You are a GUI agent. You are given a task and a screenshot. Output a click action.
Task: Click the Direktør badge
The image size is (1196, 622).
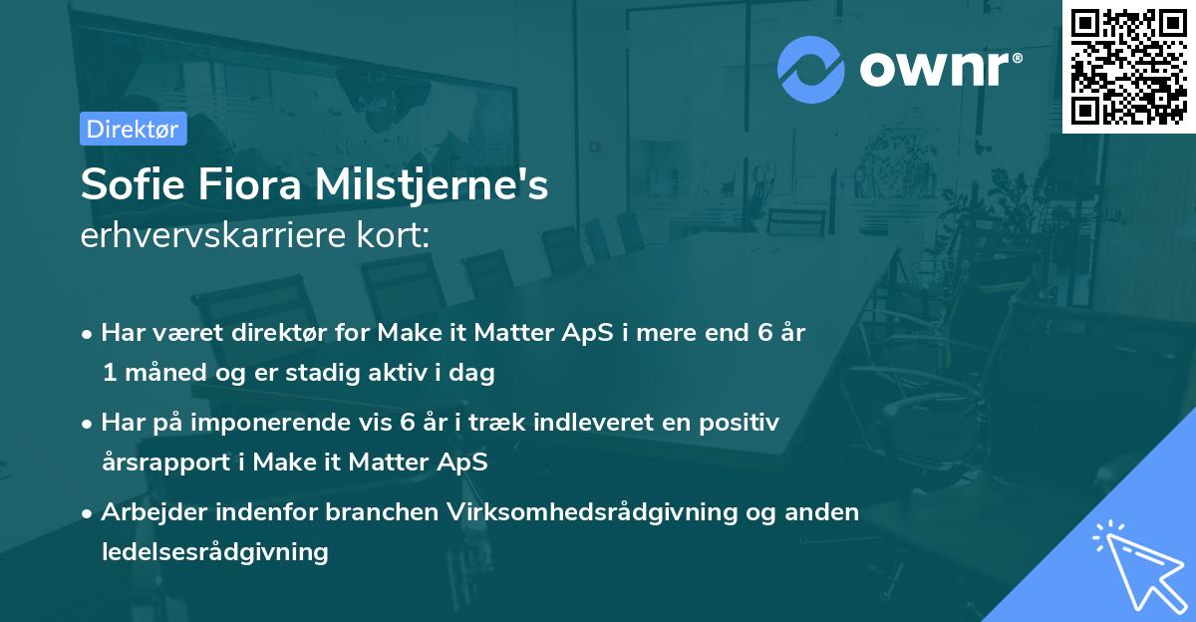pos(133,129)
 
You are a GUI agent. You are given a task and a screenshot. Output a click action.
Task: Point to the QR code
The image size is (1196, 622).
pos(1128,66)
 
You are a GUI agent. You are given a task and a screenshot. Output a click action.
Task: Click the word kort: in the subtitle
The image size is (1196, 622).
pos(395,236)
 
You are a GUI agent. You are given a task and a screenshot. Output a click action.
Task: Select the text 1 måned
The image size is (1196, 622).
pos(149,374)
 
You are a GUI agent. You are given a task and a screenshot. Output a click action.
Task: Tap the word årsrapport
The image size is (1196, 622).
pos(165,463)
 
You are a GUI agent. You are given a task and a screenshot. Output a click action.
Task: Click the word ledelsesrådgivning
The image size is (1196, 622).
pos(214,551)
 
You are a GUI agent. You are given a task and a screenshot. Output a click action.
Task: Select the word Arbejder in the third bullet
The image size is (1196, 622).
pos(149,512)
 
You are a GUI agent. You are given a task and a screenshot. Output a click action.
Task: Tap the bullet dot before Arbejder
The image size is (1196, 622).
pos(88,513)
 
